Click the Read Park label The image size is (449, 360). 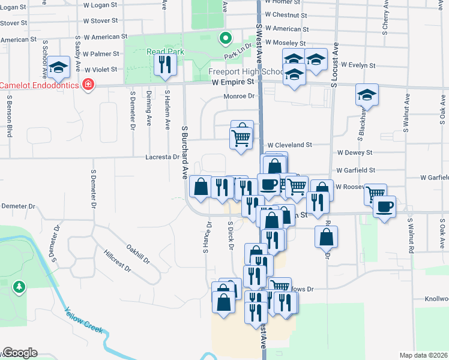coord(165,52)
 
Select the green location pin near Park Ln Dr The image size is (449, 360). coord(225,39)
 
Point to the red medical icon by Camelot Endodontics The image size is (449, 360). coord(88,85)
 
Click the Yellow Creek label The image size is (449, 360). coord(85,322)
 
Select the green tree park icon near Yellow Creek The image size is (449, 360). coord(20,288)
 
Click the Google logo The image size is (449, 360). coord(20,353)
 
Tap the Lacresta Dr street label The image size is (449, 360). coord(163,157)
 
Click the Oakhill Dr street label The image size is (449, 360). coord(138,253)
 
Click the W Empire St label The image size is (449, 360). coord(234,81)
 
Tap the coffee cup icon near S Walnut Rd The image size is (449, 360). coord(384,207)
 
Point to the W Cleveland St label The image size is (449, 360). coord(289,145)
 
